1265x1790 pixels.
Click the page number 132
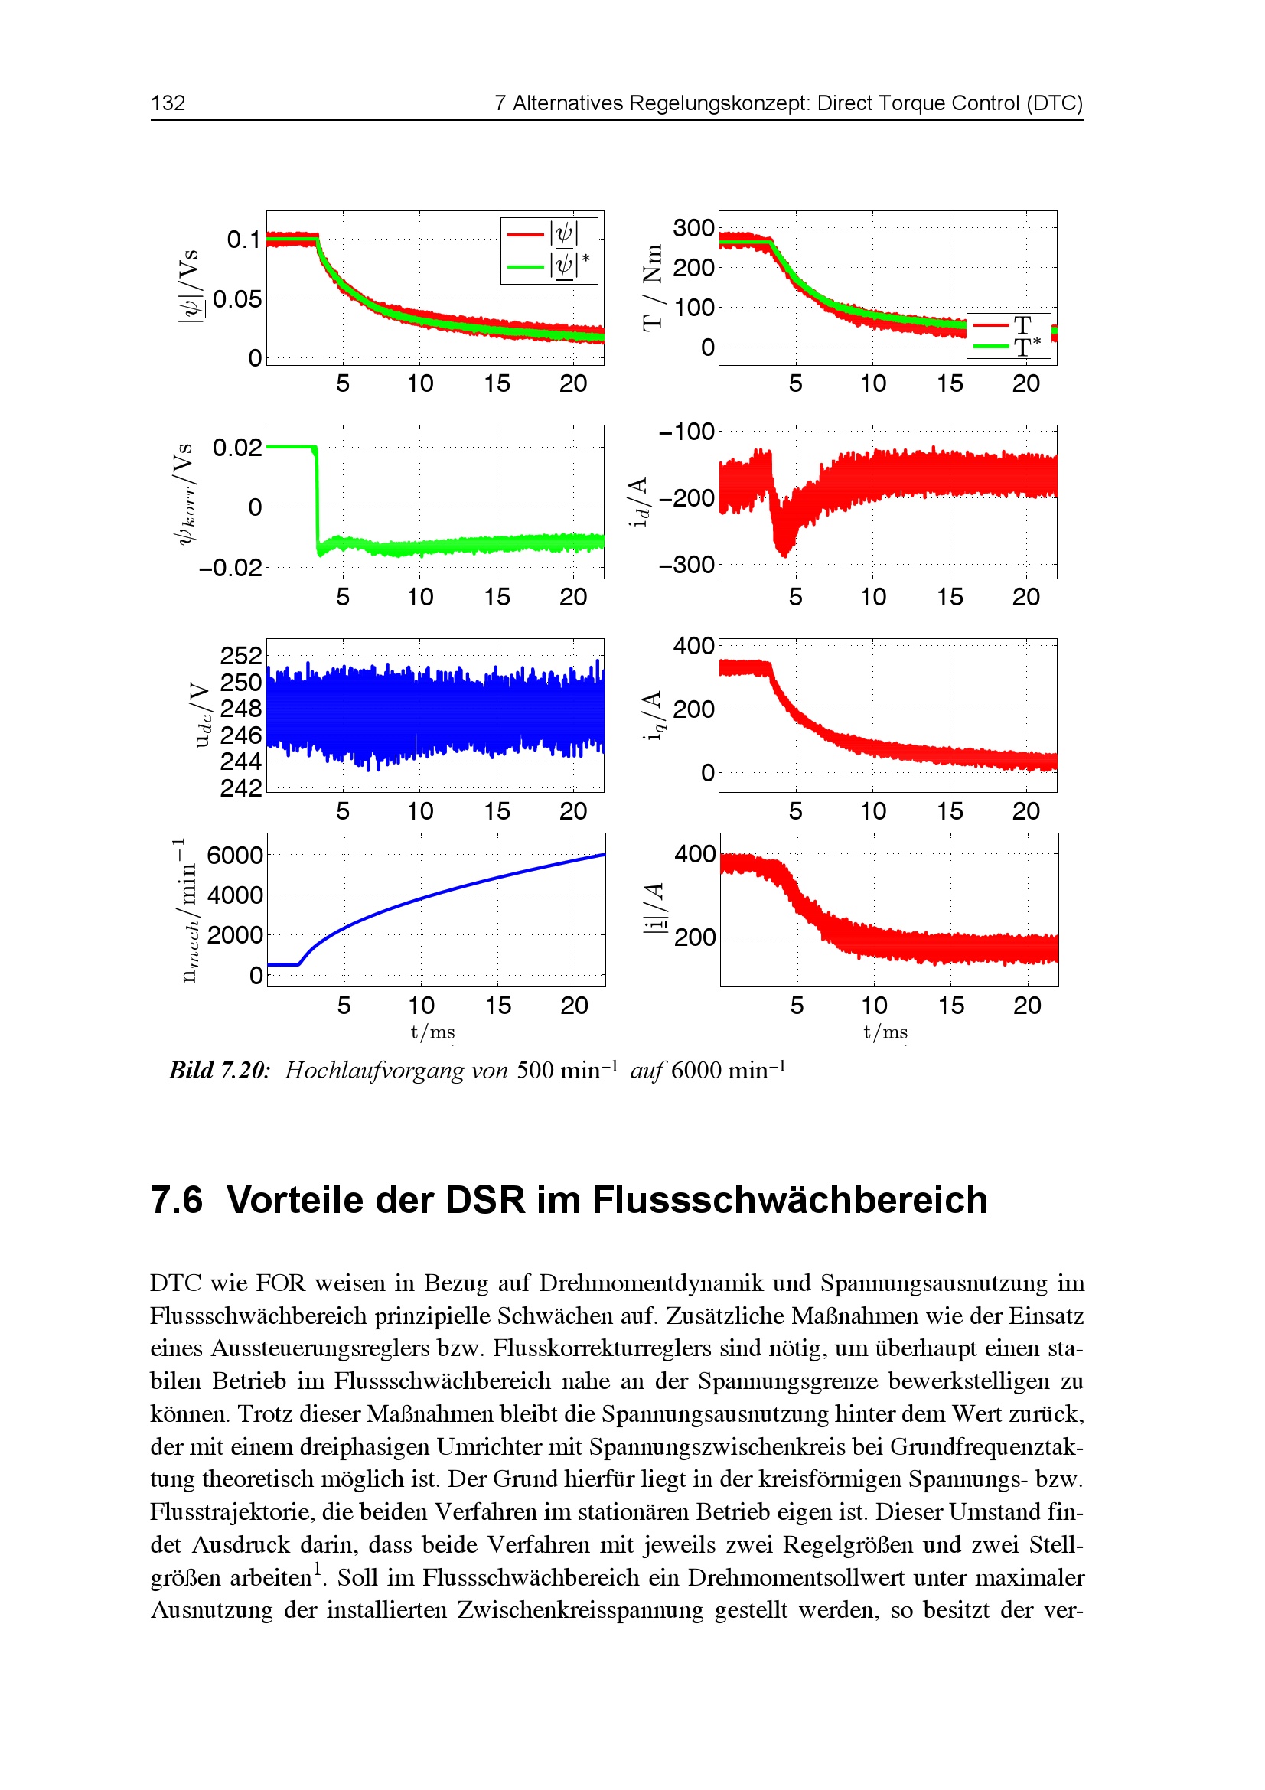pyautogui.click(x=168, y=103)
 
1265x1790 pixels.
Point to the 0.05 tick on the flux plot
pyautogui.click(x=237, y=299)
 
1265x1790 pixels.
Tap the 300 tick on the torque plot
pyautogui.click(x=693, y=228)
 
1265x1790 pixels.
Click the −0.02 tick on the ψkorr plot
pyautogui.click(x=230, y=567)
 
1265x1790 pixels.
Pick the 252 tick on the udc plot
pyautogui.click(x=241, y=655)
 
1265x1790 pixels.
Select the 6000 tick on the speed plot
pyautogui.click(x=235, y=856)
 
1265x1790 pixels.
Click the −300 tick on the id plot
pyautogui.click(x=686, y=565)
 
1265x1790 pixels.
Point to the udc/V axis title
pyautogui.click(x=202, y=715)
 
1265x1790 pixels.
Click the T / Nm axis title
pyautogui.click(x=652, y=288)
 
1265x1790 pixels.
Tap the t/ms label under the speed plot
pyautogui.click(x=432, y=1032)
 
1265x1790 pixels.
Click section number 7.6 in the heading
pyautogui.click(x=176, y=1199)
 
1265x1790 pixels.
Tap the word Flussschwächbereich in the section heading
pyautogui.click(x=790, y=1199)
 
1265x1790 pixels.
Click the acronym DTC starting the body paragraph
pyautogui.click(x=175, y=1283)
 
